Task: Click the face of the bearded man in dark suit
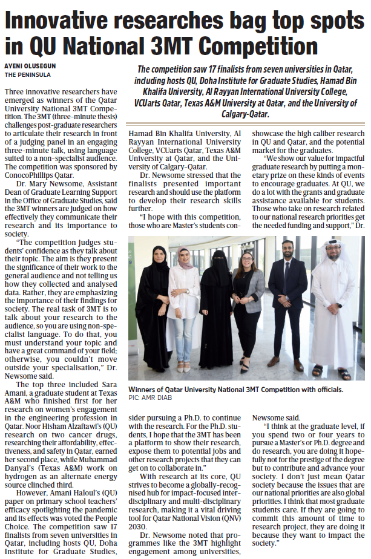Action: pyautogui.click(x=288, y=250)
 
